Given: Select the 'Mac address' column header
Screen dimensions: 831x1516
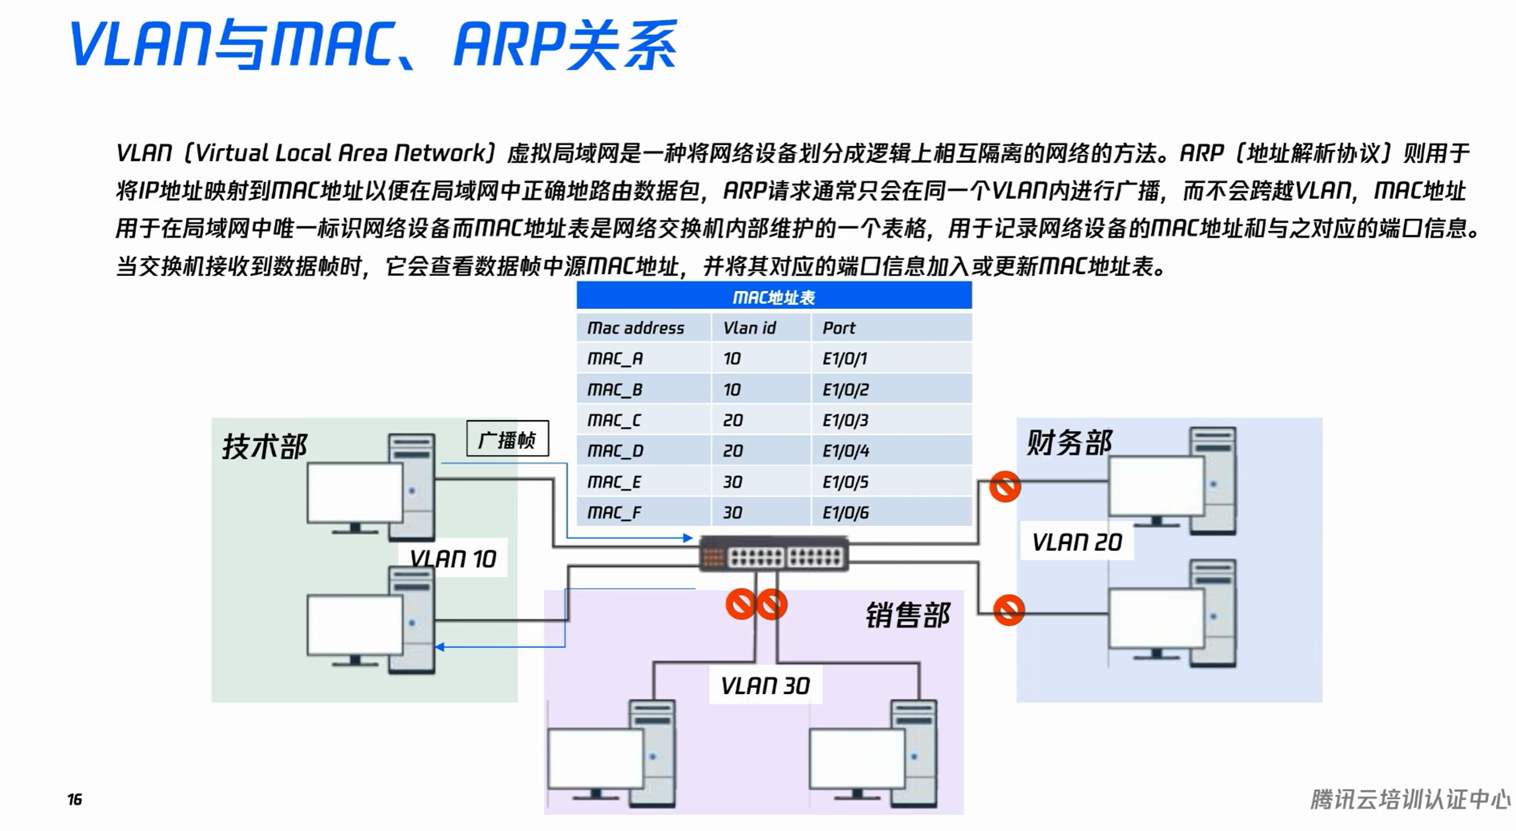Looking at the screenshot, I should tap(636, 328).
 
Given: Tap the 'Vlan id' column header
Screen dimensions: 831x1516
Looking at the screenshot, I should tap(749, 328).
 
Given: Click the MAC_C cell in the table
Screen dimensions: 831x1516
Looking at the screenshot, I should tap(614, 420).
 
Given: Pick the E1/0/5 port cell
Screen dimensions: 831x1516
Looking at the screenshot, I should tap(845, 482).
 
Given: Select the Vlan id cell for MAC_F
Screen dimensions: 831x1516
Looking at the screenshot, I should tap(733, 513).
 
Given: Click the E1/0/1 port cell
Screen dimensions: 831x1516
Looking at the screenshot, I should tap(845, 358).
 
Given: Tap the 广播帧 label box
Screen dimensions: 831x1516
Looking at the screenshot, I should tap(507, 438).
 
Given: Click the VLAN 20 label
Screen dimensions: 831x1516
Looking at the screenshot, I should tap(1076, 541).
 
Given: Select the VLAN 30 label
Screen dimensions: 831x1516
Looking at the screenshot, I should tap(765, 685).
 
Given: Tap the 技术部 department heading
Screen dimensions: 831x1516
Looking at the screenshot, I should tap(264, 446).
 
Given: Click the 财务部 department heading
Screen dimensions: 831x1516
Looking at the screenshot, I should tap(1069, 443).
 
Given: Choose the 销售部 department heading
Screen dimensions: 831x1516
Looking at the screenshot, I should tap(907, 615).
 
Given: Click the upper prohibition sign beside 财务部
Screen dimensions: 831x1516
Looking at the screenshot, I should tap(1004, 486).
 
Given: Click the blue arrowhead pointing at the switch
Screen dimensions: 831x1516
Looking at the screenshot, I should tap(687, 538).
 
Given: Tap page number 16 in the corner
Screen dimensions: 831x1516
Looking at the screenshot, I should tap(75, 799).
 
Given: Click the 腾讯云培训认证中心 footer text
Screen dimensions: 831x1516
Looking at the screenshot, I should tap(1410, 799).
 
